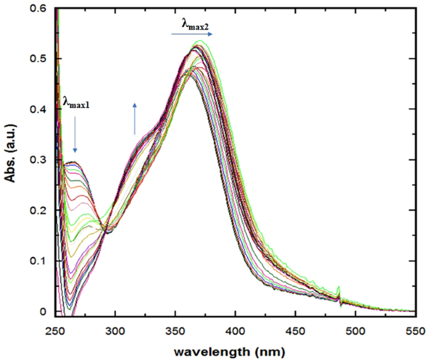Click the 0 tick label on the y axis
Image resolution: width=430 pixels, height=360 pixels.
pos(43,312)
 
